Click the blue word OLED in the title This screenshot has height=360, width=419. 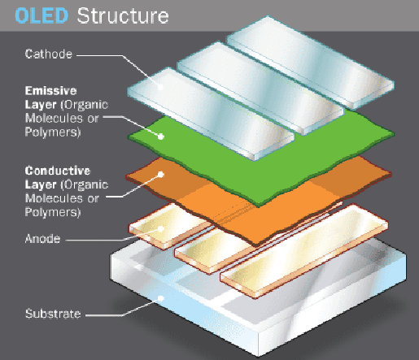tap(41, 15)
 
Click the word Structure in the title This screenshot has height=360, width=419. tap(123, 15)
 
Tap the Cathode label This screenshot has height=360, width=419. tap(49, 54)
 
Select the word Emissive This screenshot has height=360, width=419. tap(50, 91)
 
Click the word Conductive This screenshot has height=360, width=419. tap(58, 171)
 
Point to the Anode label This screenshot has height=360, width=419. tap(42, 239)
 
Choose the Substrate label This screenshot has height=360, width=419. tap(53, 314)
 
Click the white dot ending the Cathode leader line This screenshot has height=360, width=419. tap(161, 87)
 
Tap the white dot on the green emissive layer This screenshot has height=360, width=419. tap(161, 137)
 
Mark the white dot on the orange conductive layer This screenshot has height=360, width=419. tap(161, 174)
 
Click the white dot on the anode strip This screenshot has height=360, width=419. tap(161, 229)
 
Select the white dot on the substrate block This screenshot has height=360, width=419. tap(161, 298)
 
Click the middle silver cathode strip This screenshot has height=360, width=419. tap(260, 87)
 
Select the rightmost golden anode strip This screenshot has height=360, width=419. tap(303, 250)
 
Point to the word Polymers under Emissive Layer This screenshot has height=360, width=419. tap(53, 132)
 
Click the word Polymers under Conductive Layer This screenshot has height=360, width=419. tap(53, 212)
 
